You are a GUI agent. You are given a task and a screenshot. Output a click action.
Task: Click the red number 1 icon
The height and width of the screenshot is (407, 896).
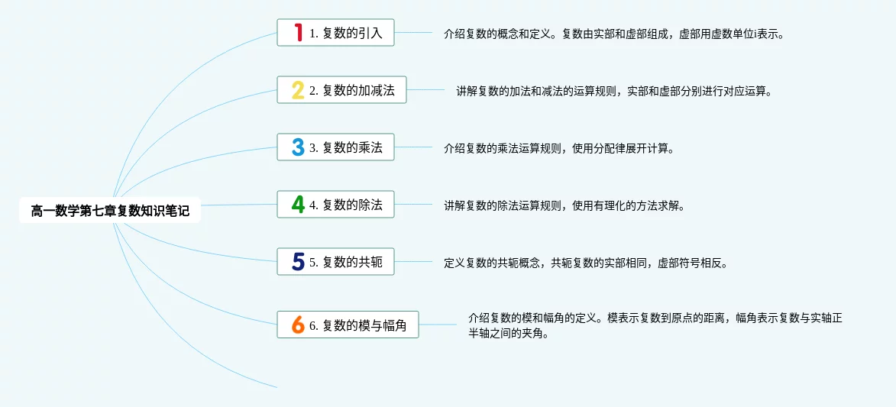(298, 33)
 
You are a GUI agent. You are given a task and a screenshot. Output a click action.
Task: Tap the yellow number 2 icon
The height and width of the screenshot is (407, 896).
(298, 90)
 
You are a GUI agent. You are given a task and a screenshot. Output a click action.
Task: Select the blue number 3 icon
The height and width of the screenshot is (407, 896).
(298, 147)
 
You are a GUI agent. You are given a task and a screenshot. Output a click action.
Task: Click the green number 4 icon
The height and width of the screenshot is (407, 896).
(298, 204)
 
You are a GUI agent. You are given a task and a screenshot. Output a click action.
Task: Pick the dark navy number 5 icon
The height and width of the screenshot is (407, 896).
(298, 261)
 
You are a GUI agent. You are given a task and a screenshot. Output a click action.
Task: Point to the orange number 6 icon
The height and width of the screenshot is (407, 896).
(298, 324)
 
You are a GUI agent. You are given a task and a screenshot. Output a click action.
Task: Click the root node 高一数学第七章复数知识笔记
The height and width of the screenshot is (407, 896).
(110, 210)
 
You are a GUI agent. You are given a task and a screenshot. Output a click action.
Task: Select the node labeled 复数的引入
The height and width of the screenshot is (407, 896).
(336, 33)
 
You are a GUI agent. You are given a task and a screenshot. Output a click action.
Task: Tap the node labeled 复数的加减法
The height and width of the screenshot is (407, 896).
(341, 90)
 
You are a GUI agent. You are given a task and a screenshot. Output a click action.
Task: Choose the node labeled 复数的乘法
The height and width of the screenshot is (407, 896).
(336, 147)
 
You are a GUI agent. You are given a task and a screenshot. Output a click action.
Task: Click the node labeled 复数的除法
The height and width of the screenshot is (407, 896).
(336, 204)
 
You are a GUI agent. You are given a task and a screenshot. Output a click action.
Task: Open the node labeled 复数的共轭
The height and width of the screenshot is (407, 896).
(336, 261)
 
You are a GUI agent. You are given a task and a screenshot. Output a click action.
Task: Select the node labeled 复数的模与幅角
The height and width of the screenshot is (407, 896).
(348, 324)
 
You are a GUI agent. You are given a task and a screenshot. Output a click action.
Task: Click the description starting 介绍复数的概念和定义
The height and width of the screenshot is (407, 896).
(613, 34)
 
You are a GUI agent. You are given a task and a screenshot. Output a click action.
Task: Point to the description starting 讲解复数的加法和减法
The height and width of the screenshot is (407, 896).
(614, 91)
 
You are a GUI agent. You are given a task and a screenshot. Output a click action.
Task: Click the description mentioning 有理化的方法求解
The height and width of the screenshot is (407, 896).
(564, 205)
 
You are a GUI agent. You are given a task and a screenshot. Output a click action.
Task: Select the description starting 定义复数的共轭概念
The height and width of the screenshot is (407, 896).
(586, 263)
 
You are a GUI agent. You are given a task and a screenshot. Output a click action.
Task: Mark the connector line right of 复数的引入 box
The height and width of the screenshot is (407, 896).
(414, 33)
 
